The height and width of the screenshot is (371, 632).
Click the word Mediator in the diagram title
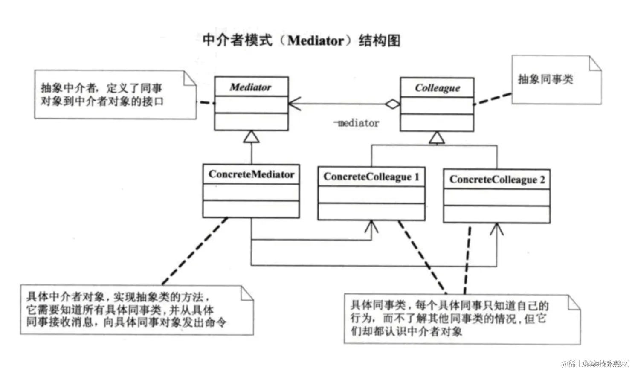coord(316,41)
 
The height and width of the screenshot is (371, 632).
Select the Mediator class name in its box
coord(250,87)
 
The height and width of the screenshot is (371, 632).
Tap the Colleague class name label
coord(437,88)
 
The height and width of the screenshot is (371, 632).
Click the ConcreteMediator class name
coord(251,174)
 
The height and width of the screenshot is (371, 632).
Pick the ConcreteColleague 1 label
coord(371,177)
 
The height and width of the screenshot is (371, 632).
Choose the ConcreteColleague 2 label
coord(497,180)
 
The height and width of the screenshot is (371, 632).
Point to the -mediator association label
coord(356,123)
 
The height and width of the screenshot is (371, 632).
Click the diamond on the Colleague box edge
coord(392,104)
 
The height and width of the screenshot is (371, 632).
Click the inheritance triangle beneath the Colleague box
coord(437,138)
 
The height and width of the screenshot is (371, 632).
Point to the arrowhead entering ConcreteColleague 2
coord(496,229)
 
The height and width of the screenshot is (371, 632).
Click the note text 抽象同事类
coord(545,79)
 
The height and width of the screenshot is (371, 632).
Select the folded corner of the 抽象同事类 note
coord(595,63)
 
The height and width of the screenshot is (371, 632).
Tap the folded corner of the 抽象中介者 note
coord(190,79)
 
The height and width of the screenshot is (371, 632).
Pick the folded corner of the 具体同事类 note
coord(574,302)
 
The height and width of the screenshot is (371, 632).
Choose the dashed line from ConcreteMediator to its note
coord(194,252)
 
